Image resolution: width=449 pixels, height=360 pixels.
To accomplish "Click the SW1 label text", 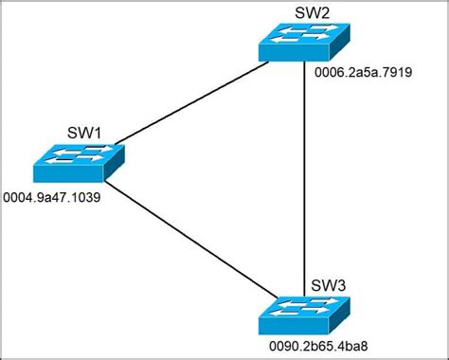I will click(83, 132).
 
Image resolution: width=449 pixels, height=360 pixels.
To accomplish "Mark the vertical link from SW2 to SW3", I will click(303, 180).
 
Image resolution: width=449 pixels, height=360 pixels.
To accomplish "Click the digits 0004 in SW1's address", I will click(19, 200).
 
